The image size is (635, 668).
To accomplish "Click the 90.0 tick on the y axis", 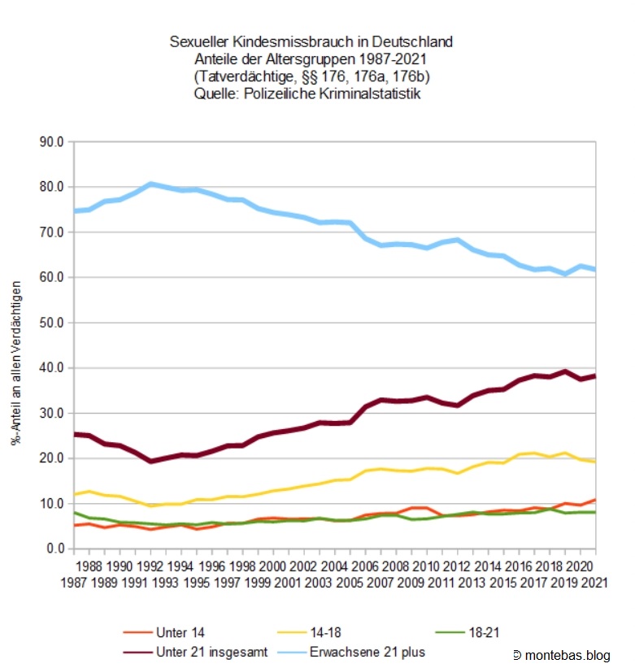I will (x=53, y=142).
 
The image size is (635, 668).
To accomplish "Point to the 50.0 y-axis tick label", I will (x=53, y=323).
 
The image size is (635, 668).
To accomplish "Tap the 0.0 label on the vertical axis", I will (x=56, y=549).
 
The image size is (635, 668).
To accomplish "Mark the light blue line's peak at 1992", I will (x=150, y=184).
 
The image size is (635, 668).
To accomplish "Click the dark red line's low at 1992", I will (x=150, y=461).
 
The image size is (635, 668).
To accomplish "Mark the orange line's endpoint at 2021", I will (x=595, y=500).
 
